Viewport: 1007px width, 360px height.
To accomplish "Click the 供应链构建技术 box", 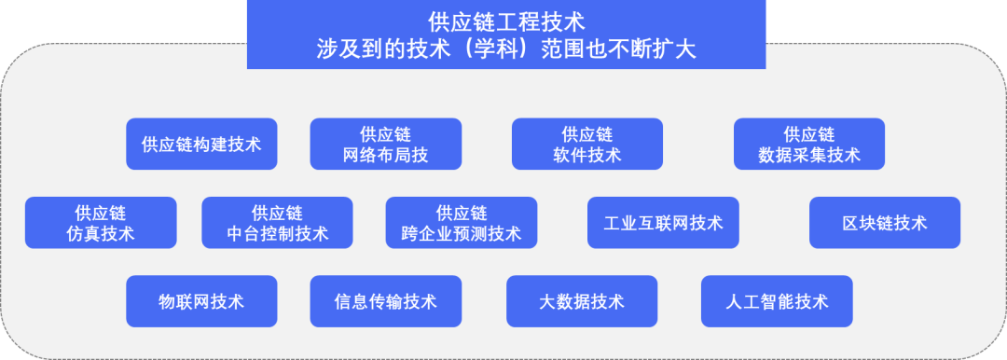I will [201, 144].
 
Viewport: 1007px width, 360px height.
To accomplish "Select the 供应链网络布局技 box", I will [385, 144].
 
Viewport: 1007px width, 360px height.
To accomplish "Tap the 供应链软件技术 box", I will [586, 144].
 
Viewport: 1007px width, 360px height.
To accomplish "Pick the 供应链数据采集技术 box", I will [808, 144].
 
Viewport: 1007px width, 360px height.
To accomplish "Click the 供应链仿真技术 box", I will [101, 223].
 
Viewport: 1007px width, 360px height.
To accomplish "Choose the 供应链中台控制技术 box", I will [277, 223].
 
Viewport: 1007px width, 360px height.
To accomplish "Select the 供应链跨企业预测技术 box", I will [461, 223].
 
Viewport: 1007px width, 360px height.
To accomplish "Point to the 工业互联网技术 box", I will [663, 223].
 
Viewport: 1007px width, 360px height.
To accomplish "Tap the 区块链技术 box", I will [884, 223].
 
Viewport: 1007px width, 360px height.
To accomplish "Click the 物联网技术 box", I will [201, 301].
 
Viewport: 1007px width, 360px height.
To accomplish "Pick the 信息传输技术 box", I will [385, 301].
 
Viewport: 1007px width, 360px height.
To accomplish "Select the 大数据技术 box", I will [582, 301].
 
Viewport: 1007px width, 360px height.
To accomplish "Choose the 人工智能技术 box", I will [776, 301].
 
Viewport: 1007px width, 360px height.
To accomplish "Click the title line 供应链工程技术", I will [506, 21].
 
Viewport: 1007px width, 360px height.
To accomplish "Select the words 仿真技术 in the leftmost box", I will [101, 234].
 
